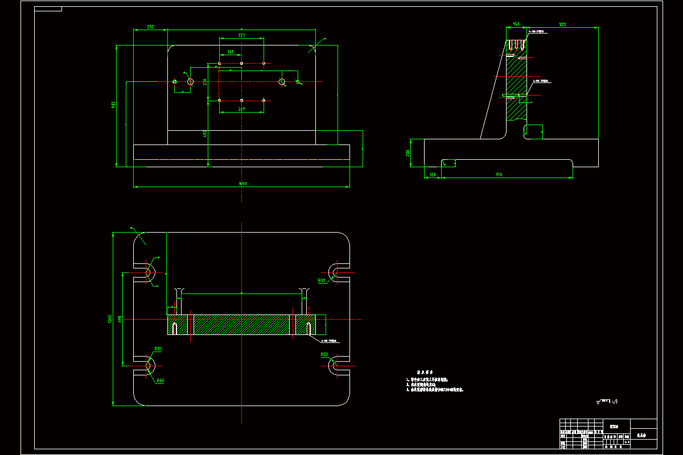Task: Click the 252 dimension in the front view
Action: point(151,27)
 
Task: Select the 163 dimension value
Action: point(231,52)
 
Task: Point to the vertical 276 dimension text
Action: point(205,82)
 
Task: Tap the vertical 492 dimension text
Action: point(205,134)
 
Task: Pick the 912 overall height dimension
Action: point(114,105)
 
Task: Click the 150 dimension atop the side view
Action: point(516,24)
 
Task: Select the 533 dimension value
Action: point(562,24)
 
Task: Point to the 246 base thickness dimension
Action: point(408,152)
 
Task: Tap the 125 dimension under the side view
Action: point(433,175)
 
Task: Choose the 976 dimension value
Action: point(499,175)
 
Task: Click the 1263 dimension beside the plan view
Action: point(110,319)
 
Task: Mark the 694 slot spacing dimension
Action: point(120,319)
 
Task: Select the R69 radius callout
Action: point(160,380)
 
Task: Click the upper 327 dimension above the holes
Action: point(241,35)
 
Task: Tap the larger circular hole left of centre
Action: point(190,82)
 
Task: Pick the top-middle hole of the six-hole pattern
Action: point(241,63)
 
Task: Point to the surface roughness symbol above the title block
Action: point(607,402)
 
